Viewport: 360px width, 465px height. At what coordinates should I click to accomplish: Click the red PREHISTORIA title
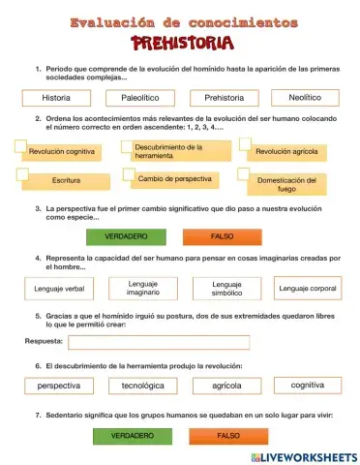coord(181,43)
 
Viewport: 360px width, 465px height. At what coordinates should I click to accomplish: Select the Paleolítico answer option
coord(140,99)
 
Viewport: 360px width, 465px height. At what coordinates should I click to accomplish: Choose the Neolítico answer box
coord(303,98)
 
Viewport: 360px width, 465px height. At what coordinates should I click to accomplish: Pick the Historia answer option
coord(56,99)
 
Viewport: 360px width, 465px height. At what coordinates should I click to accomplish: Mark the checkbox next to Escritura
coord(20,173)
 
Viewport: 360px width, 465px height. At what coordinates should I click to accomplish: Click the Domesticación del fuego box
coord(286,185)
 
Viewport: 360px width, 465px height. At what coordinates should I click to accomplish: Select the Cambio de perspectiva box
coord(175,179)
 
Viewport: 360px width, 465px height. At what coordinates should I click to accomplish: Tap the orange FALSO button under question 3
coord(223,236)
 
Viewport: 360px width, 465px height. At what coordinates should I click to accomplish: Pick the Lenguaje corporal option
coord(308,289)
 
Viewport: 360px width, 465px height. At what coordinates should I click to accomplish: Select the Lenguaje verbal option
coord(59,289)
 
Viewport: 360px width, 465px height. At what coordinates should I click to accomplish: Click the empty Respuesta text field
coord(159,342)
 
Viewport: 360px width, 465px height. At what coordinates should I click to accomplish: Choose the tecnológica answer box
coord(142,386)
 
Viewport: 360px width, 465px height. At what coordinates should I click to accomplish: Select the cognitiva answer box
coord(308,386)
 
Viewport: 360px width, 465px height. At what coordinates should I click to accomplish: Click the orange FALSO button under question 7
coord(228,436)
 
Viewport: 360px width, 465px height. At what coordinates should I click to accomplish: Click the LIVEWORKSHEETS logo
coord(303,456)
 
